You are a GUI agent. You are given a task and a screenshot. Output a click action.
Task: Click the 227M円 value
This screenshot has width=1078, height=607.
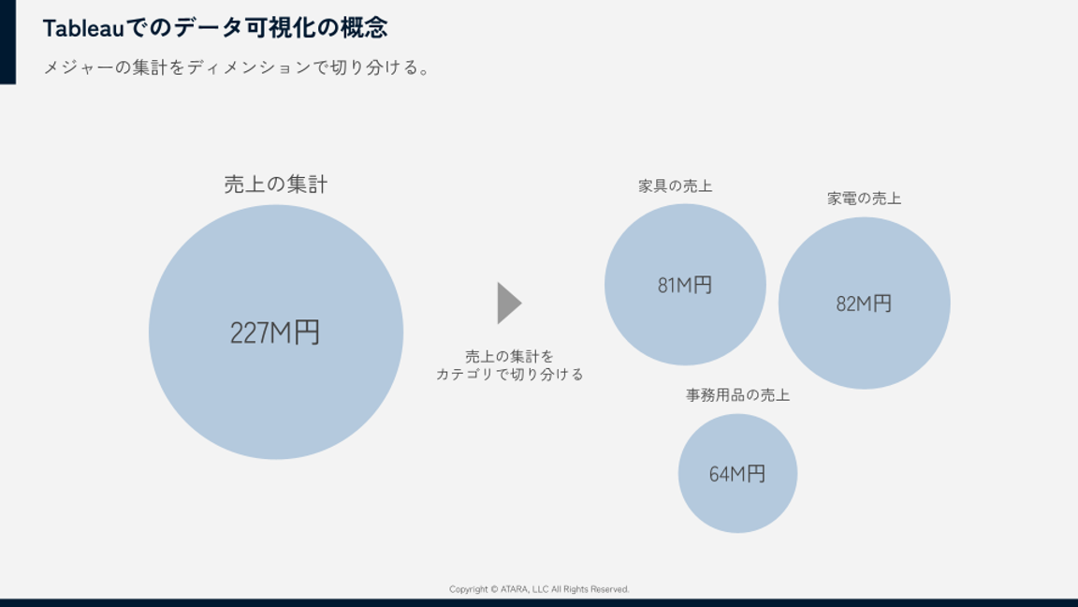click(275, 333)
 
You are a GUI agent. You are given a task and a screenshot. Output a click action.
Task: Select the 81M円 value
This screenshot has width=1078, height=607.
click(685, 285)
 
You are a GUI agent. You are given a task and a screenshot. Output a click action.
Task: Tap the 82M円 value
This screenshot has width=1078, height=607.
click(864, 303)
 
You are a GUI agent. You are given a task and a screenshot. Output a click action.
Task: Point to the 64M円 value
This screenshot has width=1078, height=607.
click(737, 473)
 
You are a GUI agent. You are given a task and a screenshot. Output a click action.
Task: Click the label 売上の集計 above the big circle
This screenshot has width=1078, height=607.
click(276, 185)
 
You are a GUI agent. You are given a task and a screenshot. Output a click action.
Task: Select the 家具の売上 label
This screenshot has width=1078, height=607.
click(675, 185)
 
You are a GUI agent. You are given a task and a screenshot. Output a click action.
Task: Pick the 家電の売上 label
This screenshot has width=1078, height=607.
click(864, 199)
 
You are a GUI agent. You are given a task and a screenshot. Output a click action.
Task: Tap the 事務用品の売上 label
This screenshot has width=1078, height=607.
click(737, 395)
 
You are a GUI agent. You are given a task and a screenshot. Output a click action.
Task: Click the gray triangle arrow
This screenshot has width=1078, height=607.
click(508, 303)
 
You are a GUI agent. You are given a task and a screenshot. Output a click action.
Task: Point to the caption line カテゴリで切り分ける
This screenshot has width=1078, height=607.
click(509, 375)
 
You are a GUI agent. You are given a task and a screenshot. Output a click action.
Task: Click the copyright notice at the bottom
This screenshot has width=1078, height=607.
click(539, 589)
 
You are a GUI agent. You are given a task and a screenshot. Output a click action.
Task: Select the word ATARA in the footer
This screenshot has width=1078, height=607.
click(515, 589)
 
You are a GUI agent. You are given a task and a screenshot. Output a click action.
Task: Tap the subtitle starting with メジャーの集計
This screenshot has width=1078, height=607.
click(237, 67)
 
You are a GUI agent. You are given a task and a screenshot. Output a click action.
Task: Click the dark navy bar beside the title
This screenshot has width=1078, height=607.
click(7, 42)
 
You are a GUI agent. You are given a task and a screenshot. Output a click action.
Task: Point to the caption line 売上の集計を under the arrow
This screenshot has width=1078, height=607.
click(509, 357)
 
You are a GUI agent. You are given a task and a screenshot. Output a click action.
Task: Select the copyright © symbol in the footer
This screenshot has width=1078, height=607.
click(494, 589)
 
